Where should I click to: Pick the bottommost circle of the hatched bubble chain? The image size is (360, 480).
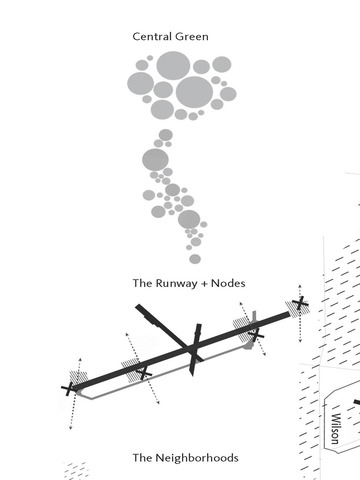[x=195, y=258]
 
